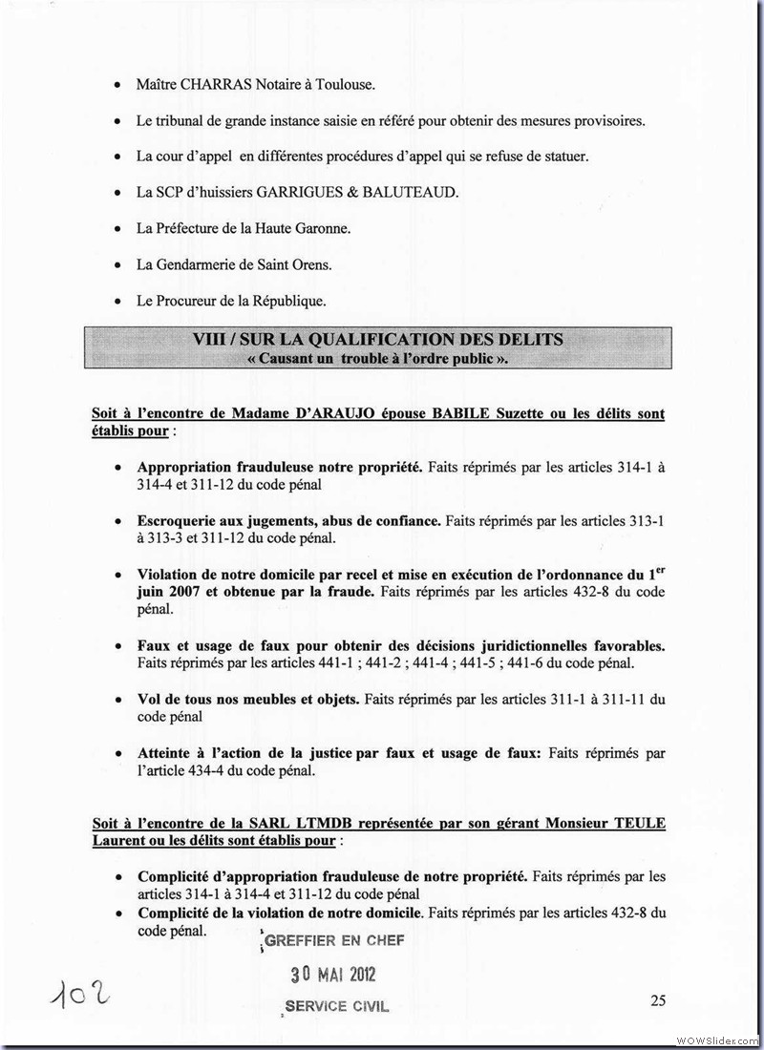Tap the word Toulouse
[344, 84]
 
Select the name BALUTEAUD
[414, 192]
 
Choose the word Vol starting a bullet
[150, 699]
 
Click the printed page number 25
[657, 1000]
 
